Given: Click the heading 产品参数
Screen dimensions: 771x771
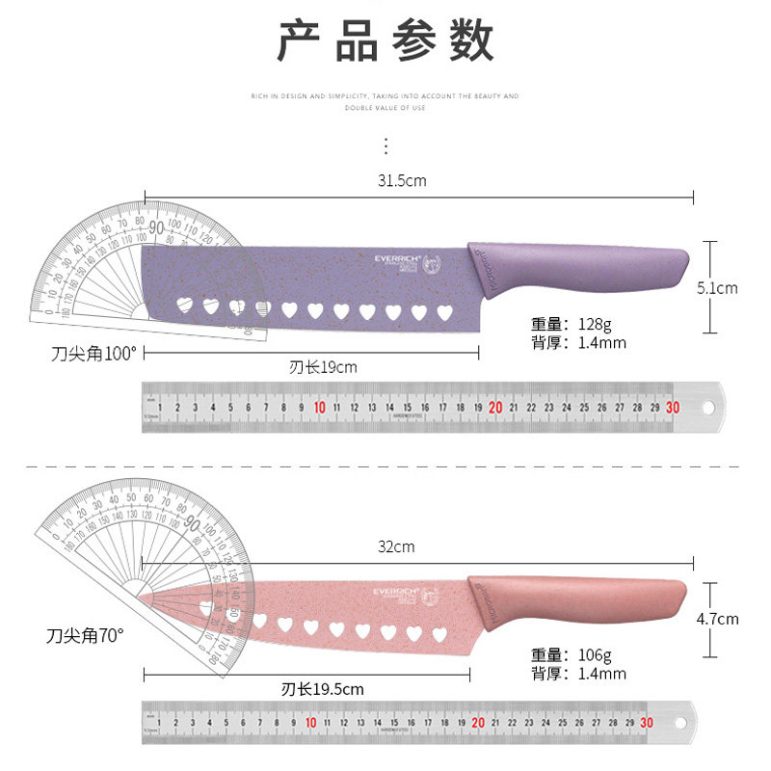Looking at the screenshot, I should [385, 42].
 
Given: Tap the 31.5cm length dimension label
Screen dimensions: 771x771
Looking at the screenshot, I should [403, 180].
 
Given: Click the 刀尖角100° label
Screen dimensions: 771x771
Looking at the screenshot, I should [94, 353].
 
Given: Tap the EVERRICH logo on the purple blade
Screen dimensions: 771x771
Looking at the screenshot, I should [399, 258].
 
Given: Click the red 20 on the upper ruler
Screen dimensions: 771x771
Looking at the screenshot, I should [495, 408].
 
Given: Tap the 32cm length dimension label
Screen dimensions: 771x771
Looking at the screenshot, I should [395, 546].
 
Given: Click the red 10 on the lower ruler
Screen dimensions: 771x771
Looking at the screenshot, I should [310, 723].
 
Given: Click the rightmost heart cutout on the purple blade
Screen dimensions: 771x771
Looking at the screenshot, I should [444, 311].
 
